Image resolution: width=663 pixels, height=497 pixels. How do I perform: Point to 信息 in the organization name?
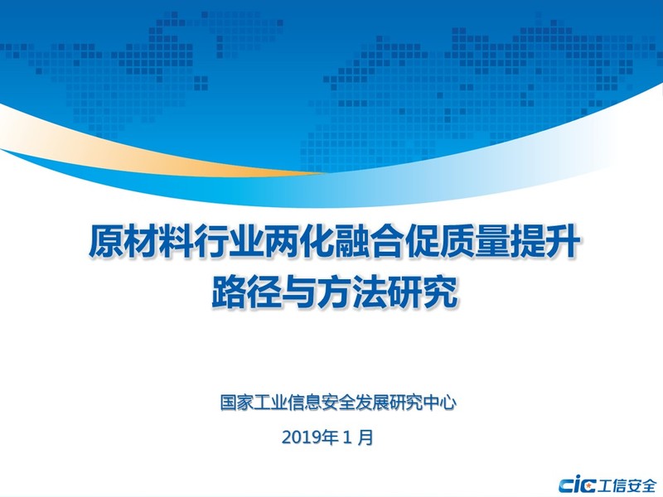[x=304, y=403]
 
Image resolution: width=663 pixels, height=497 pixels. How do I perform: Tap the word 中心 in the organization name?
[x=440, y=403]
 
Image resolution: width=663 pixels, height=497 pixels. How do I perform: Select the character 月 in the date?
[x=365, y=437]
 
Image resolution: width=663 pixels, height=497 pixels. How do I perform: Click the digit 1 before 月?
[x=347, y=437]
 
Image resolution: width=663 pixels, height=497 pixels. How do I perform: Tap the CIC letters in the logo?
[x=577, y=485]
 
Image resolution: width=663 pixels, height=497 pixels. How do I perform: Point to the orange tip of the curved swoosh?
[x=322, y=172]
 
